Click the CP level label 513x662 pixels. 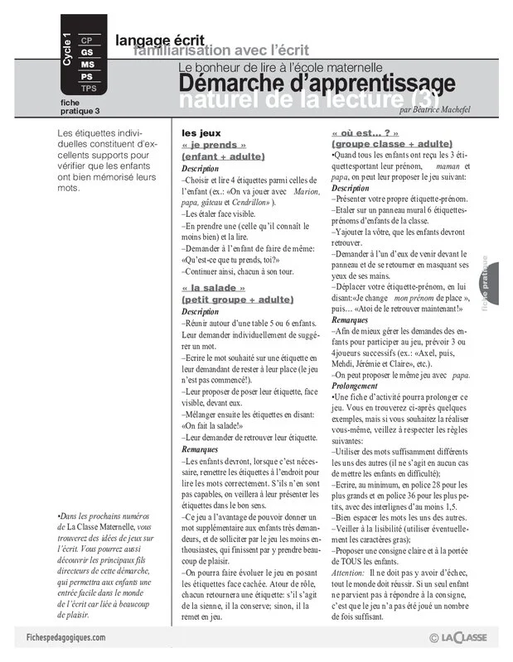click(87, 40)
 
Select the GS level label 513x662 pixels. click(87, 52)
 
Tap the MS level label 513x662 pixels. click(87, 65)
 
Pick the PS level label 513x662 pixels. click(87, 76)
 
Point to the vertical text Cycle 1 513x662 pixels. click(67, 49)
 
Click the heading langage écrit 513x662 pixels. click(158, 39)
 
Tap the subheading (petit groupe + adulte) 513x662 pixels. click(237, 299)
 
